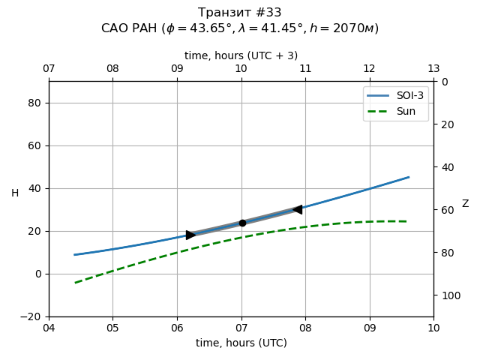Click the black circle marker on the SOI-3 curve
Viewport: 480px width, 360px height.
click(242, 223)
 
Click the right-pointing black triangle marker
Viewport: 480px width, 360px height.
click(190, 235)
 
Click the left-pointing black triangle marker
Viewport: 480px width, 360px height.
click(298, 209)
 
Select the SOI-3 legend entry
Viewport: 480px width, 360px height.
click(394, 96)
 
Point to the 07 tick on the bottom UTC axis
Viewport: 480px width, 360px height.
click(241, 328)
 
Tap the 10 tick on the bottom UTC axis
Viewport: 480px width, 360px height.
click(433, 328)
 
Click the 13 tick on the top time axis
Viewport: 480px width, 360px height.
click(433, 69)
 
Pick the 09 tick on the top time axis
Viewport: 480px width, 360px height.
click(177, 69)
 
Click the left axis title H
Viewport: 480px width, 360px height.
click(15, 193)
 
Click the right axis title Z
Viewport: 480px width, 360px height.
click(465, 204)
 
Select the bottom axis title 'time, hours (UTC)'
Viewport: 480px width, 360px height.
click(241, 343)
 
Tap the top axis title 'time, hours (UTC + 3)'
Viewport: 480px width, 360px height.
click(241, 55)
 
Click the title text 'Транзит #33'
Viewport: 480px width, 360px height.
click(240, 13)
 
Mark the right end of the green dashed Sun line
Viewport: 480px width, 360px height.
click(407, 221)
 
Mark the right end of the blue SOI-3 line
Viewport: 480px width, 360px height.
click(409, 177)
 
